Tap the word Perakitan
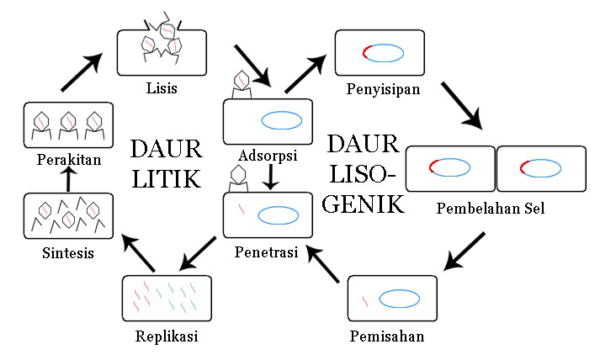pos(68,159)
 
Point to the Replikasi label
pos(166,337)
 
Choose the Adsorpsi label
pos(268,156)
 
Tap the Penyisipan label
pos(383,87)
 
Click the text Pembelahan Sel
pos(491,208)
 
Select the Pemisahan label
pos(386,337)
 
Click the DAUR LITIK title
pos(166,163)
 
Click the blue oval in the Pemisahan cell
pos(399,299)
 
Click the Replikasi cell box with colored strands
pos(166,298)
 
